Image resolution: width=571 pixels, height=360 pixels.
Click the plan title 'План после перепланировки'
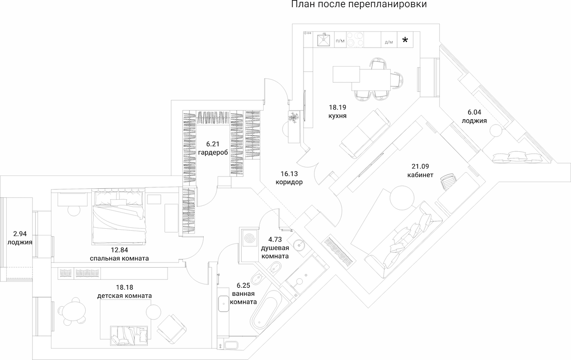[x=358, y=5]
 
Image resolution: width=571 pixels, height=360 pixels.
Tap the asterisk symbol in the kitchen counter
[x=406, y=40]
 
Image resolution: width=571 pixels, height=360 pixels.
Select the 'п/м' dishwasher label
[x=340, y=42]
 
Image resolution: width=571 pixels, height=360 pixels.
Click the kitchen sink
[x=323, y=39]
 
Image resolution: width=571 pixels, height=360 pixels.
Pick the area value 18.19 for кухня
[x=336, y=107]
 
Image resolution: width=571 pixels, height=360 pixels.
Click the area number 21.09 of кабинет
[x=420, y=166]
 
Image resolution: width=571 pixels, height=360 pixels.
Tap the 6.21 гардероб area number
[x=214, y=143]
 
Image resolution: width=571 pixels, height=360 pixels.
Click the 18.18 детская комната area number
[x=124, y=287]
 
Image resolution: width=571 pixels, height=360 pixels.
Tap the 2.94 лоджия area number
[x=20, y=234]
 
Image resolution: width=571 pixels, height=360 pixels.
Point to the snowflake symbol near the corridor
[x=294, y=117]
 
